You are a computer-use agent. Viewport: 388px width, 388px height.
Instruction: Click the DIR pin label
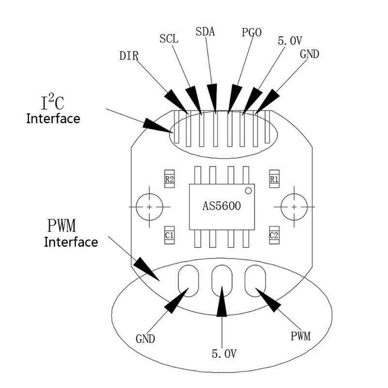[129, 56]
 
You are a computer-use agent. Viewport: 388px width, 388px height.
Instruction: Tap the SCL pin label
[169, 39]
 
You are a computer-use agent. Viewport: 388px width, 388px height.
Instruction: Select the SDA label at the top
[205, 32]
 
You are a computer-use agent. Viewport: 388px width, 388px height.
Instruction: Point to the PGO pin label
[251, 32]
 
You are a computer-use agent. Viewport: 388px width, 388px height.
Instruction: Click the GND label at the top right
[309, 54]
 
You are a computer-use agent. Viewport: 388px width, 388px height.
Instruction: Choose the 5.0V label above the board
[290, 41]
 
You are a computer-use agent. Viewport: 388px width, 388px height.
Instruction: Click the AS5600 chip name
[222, 206]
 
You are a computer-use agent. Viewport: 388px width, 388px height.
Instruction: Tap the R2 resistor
[169, 179]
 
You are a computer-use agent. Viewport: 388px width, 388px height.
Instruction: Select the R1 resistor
[274, 179]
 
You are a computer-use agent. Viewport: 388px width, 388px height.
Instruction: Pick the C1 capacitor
[169, 235]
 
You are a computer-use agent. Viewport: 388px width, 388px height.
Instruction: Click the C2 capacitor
[274, 235]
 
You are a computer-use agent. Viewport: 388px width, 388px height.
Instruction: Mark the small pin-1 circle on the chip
[248, 191]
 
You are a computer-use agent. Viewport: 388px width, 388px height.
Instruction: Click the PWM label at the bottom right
[300, 336]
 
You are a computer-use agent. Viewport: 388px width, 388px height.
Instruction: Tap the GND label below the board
[145, 339]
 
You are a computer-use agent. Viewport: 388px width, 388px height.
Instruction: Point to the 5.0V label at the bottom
[224, 354]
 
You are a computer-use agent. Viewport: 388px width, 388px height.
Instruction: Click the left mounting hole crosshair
[149, 207]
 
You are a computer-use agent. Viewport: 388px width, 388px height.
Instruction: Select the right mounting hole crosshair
[294, 207]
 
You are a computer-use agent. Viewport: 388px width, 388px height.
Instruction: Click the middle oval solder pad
[222, 281]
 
